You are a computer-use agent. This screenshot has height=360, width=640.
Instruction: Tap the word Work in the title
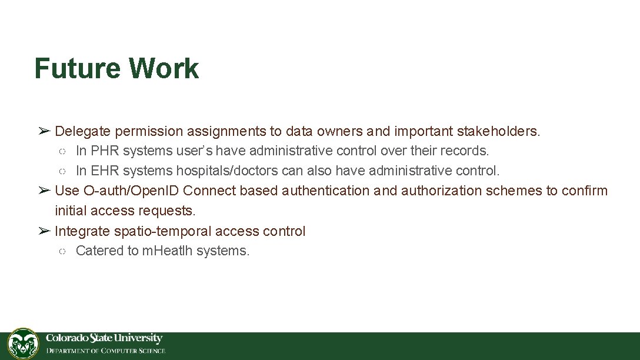pyautogui.click(x=164, y=68)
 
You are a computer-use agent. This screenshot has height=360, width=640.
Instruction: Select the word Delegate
pyautogui.click(x=82, y=131)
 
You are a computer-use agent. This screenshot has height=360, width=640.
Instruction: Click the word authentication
pyautogui.click(x=325, y=191)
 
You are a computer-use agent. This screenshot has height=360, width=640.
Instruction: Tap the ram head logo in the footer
pyautogui.click(x=23, y=344)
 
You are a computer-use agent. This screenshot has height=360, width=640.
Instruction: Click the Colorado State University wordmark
pyautogui.click(x=104, y=338)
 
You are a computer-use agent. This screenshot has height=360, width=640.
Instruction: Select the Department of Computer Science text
pyautogui.click(x=106, y=351)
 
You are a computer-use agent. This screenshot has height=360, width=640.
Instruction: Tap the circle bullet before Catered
pyautogui.click(x=62, y=251)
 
